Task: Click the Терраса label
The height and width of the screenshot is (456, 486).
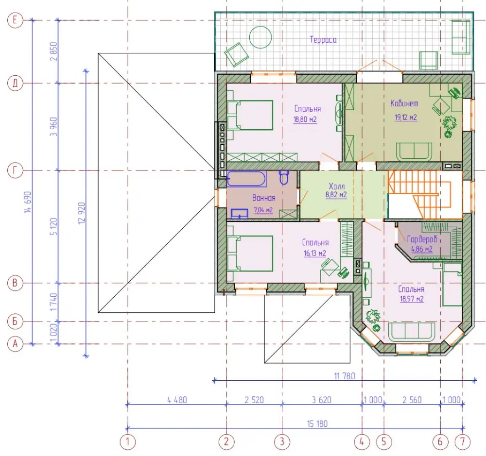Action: [x=323, y=40]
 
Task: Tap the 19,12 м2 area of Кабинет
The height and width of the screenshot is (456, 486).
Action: [x=406, y=118]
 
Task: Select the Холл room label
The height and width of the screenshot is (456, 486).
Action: [x=337, y=186]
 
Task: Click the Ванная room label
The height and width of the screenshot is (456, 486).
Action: [x=263, y=198]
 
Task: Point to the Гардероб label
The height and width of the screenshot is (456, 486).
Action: [x=422, y=239]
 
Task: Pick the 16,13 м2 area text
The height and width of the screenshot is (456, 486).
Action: [x=315, y=253]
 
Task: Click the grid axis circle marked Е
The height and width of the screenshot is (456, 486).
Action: [x=15, y=20]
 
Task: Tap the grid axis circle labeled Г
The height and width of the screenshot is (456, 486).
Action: [x=15, y=170]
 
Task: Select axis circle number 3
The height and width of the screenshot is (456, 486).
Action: [x=282, y=441]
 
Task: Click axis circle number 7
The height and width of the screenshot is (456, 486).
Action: [x=463, y=441]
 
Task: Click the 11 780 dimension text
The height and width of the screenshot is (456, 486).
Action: [x=345, y=376]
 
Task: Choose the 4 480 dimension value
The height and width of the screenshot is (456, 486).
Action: [x=177, y=400]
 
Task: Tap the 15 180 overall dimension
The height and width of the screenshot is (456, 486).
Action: [x=317, y=424]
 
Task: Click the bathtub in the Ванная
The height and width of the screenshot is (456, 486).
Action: [x=247, y=179]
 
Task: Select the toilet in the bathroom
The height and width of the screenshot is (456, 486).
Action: [x=284, y=177]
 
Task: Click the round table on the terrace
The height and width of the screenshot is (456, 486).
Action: [x=260, y=37]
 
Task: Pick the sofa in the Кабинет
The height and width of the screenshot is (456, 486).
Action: [x=414, y=152]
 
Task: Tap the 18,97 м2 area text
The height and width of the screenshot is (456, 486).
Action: [x=412, y=299]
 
